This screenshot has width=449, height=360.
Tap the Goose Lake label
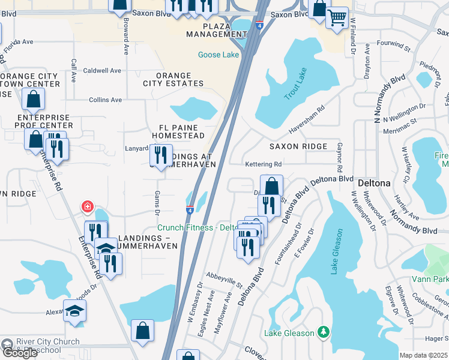point(218,55)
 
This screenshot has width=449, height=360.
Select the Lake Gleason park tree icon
point(324,332)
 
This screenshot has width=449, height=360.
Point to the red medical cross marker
point(88,207)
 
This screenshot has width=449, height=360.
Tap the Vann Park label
point(430,279)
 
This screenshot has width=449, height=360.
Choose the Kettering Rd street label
point(263,164)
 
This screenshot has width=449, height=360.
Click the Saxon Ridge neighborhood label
point(298,146)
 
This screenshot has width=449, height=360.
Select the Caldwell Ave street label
point(102,70)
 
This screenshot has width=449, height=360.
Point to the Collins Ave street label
point(106,100)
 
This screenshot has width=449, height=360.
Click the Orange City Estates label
point(174,80)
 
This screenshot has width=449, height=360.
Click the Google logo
point(20,353)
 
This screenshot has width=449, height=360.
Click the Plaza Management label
point(217,30)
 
